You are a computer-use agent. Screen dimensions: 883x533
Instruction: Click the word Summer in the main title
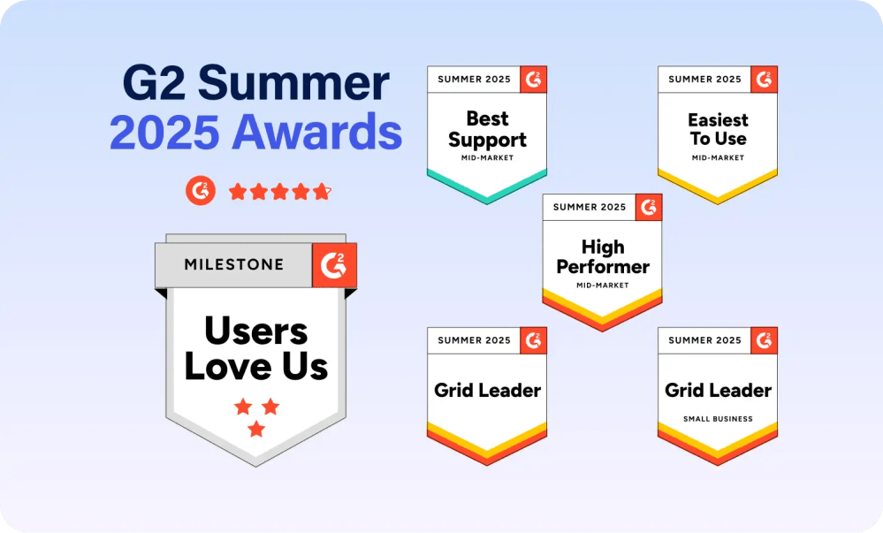pos(293,83)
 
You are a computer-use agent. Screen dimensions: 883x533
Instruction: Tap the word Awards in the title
pos(317,132)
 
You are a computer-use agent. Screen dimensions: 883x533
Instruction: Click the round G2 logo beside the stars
pos(201,190)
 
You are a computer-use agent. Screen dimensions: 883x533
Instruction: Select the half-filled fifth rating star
pos(322,192)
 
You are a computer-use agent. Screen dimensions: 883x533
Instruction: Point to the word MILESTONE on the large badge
pos(233,264)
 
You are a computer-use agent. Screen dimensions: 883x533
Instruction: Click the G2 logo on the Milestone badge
pos(334,265)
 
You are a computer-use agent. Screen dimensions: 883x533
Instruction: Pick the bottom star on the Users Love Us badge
pos(256,429)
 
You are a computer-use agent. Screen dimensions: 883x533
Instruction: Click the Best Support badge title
pos(488,130)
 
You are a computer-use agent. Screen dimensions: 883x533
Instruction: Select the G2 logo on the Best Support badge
pos(533,80)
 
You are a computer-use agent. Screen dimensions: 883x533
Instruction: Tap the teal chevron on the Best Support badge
pos(487,187)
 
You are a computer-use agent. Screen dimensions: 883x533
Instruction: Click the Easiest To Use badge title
pos(718,129)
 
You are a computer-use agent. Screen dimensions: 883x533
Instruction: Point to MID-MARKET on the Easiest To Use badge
pos(718,157)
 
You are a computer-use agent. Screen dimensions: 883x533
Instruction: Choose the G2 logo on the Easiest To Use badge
pos(765,80)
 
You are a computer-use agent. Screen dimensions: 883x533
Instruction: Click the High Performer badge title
pos(603,256)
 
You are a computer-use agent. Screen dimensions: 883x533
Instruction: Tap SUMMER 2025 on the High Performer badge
pos(590,207)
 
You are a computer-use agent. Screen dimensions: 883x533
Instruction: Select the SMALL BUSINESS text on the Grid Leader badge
pos(718,419)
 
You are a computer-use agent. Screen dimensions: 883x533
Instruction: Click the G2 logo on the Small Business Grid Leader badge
pos(765,340)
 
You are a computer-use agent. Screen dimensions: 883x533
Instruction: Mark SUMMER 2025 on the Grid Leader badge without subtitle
pos(474,340)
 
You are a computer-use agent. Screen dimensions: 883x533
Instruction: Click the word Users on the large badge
pos(256,331)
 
